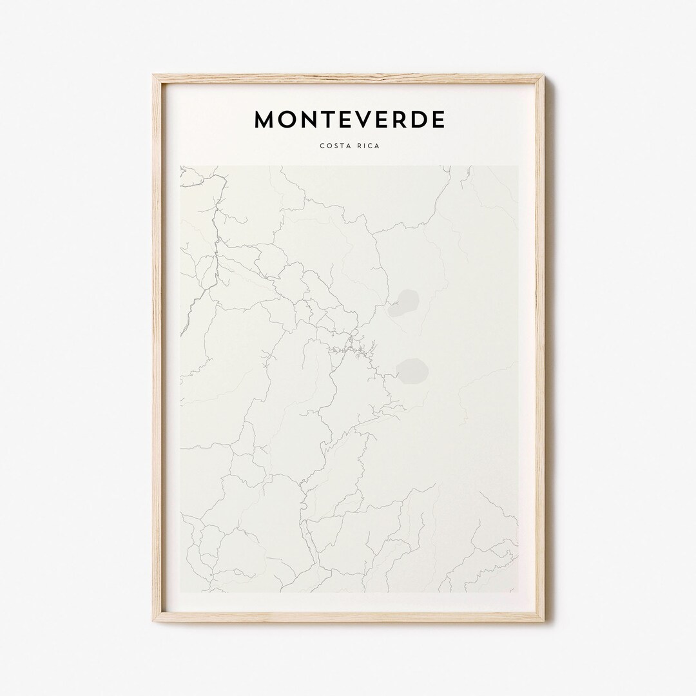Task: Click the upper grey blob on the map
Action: click(403, 303)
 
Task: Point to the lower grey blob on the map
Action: click(411, 371)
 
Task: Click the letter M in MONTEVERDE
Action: click(266, 119)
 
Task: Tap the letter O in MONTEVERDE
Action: click(289, 119)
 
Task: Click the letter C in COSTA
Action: click(322, 146)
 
